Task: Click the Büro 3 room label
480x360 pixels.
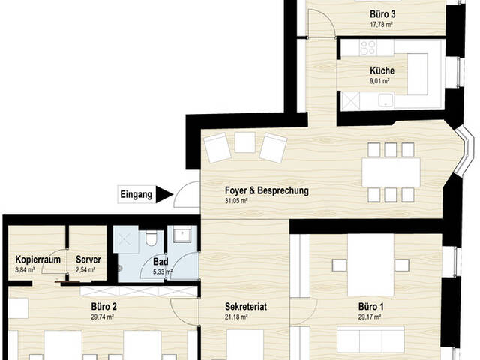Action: point(382,14)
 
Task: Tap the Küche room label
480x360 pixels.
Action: point(382,70)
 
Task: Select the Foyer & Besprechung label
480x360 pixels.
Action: point(267,190)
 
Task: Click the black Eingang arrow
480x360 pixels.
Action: point(164,194)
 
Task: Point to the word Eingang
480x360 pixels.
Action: point(136,195)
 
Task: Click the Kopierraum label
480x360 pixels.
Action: point(38,259)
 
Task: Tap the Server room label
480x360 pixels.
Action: point(88,259)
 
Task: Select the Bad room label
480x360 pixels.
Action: point(160,262)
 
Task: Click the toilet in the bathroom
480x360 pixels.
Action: point(151,238)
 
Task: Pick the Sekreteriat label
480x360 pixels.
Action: point(246,307)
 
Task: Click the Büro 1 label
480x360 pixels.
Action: point(371,307)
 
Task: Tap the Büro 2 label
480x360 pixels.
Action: point(103,307)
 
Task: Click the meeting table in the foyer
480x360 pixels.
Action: point(391,172)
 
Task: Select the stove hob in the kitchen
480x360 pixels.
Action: point(368,48)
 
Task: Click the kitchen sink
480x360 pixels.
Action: point(385,100)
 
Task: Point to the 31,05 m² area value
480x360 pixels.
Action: point(236,201)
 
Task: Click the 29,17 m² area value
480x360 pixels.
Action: point(370,316)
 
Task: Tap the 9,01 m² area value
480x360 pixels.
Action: point(379,81)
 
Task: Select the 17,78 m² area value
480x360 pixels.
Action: point(382,25)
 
